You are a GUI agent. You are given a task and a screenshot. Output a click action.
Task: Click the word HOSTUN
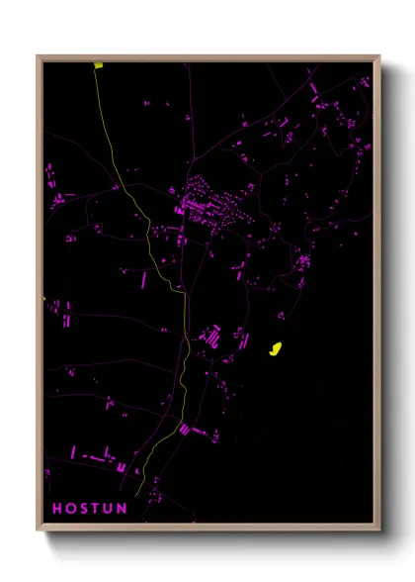coord(89,509)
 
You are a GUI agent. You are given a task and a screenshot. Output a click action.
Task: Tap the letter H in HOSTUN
coord(56,509)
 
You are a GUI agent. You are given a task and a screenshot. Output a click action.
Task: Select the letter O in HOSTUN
coord(70,509)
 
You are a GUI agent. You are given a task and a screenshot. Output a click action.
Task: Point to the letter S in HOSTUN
coord(83,509)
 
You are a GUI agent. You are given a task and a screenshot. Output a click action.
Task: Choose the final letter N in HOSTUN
coord(122,509)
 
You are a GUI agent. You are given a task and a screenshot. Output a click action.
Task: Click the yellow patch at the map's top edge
coord(99,66)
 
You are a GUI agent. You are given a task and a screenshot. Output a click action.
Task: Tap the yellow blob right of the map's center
coord(276,348)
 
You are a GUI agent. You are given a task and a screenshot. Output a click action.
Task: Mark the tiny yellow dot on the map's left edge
coord(44,299)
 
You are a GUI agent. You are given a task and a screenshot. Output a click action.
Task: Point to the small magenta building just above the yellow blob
coord(281,317)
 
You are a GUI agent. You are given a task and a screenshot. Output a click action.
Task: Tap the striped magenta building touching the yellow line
coord(185,430)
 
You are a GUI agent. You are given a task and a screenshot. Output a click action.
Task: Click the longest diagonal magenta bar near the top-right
coord(315,93)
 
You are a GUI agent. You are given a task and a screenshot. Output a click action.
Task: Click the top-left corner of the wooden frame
coord(39,56)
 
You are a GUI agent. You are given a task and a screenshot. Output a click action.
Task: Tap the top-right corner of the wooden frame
coord(378,56)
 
